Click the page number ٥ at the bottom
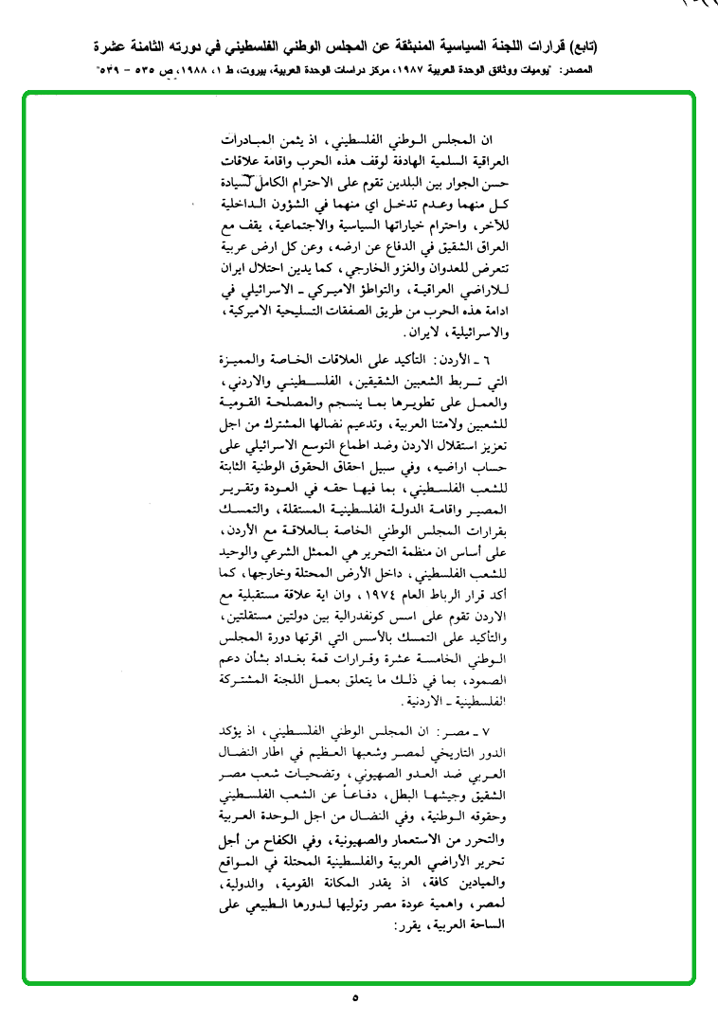(x=355, y=998)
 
